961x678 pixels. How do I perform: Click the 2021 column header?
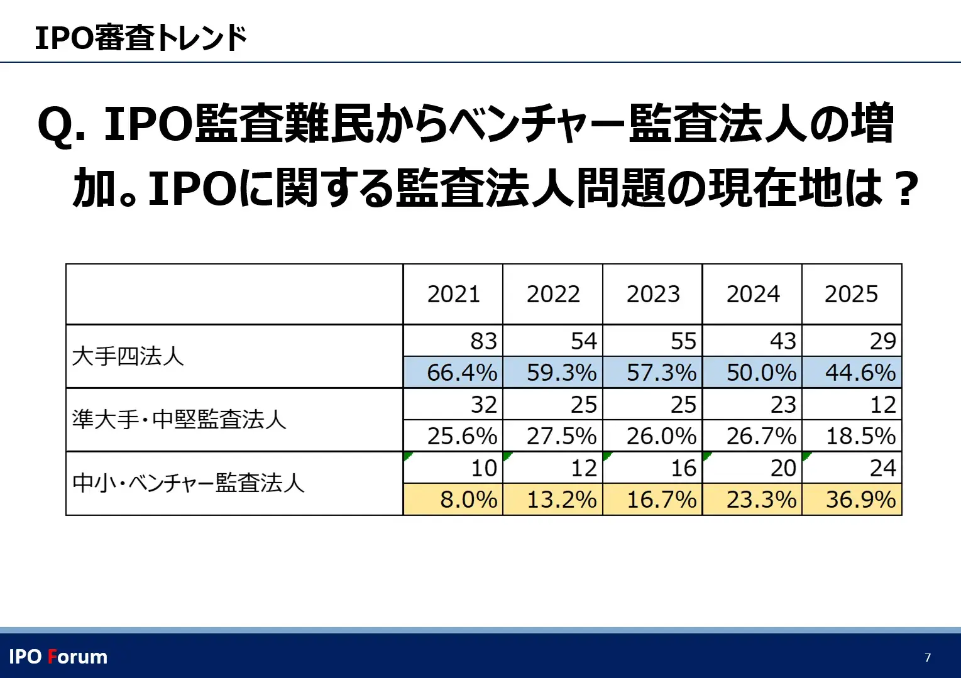click(453, 294)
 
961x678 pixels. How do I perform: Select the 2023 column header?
click(653, 294)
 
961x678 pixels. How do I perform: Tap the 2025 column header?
click(851, 294)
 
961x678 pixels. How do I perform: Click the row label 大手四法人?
click(128, 356)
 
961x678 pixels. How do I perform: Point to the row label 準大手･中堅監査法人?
click(179, 419)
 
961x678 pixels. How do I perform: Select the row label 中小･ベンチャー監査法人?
click(189, 483)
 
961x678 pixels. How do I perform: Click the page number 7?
click(928, 658)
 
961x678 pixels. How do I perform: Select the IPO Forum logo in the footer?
click(58, 657)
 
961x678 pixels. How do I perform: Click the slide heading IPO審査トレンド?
click(141, 38)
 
